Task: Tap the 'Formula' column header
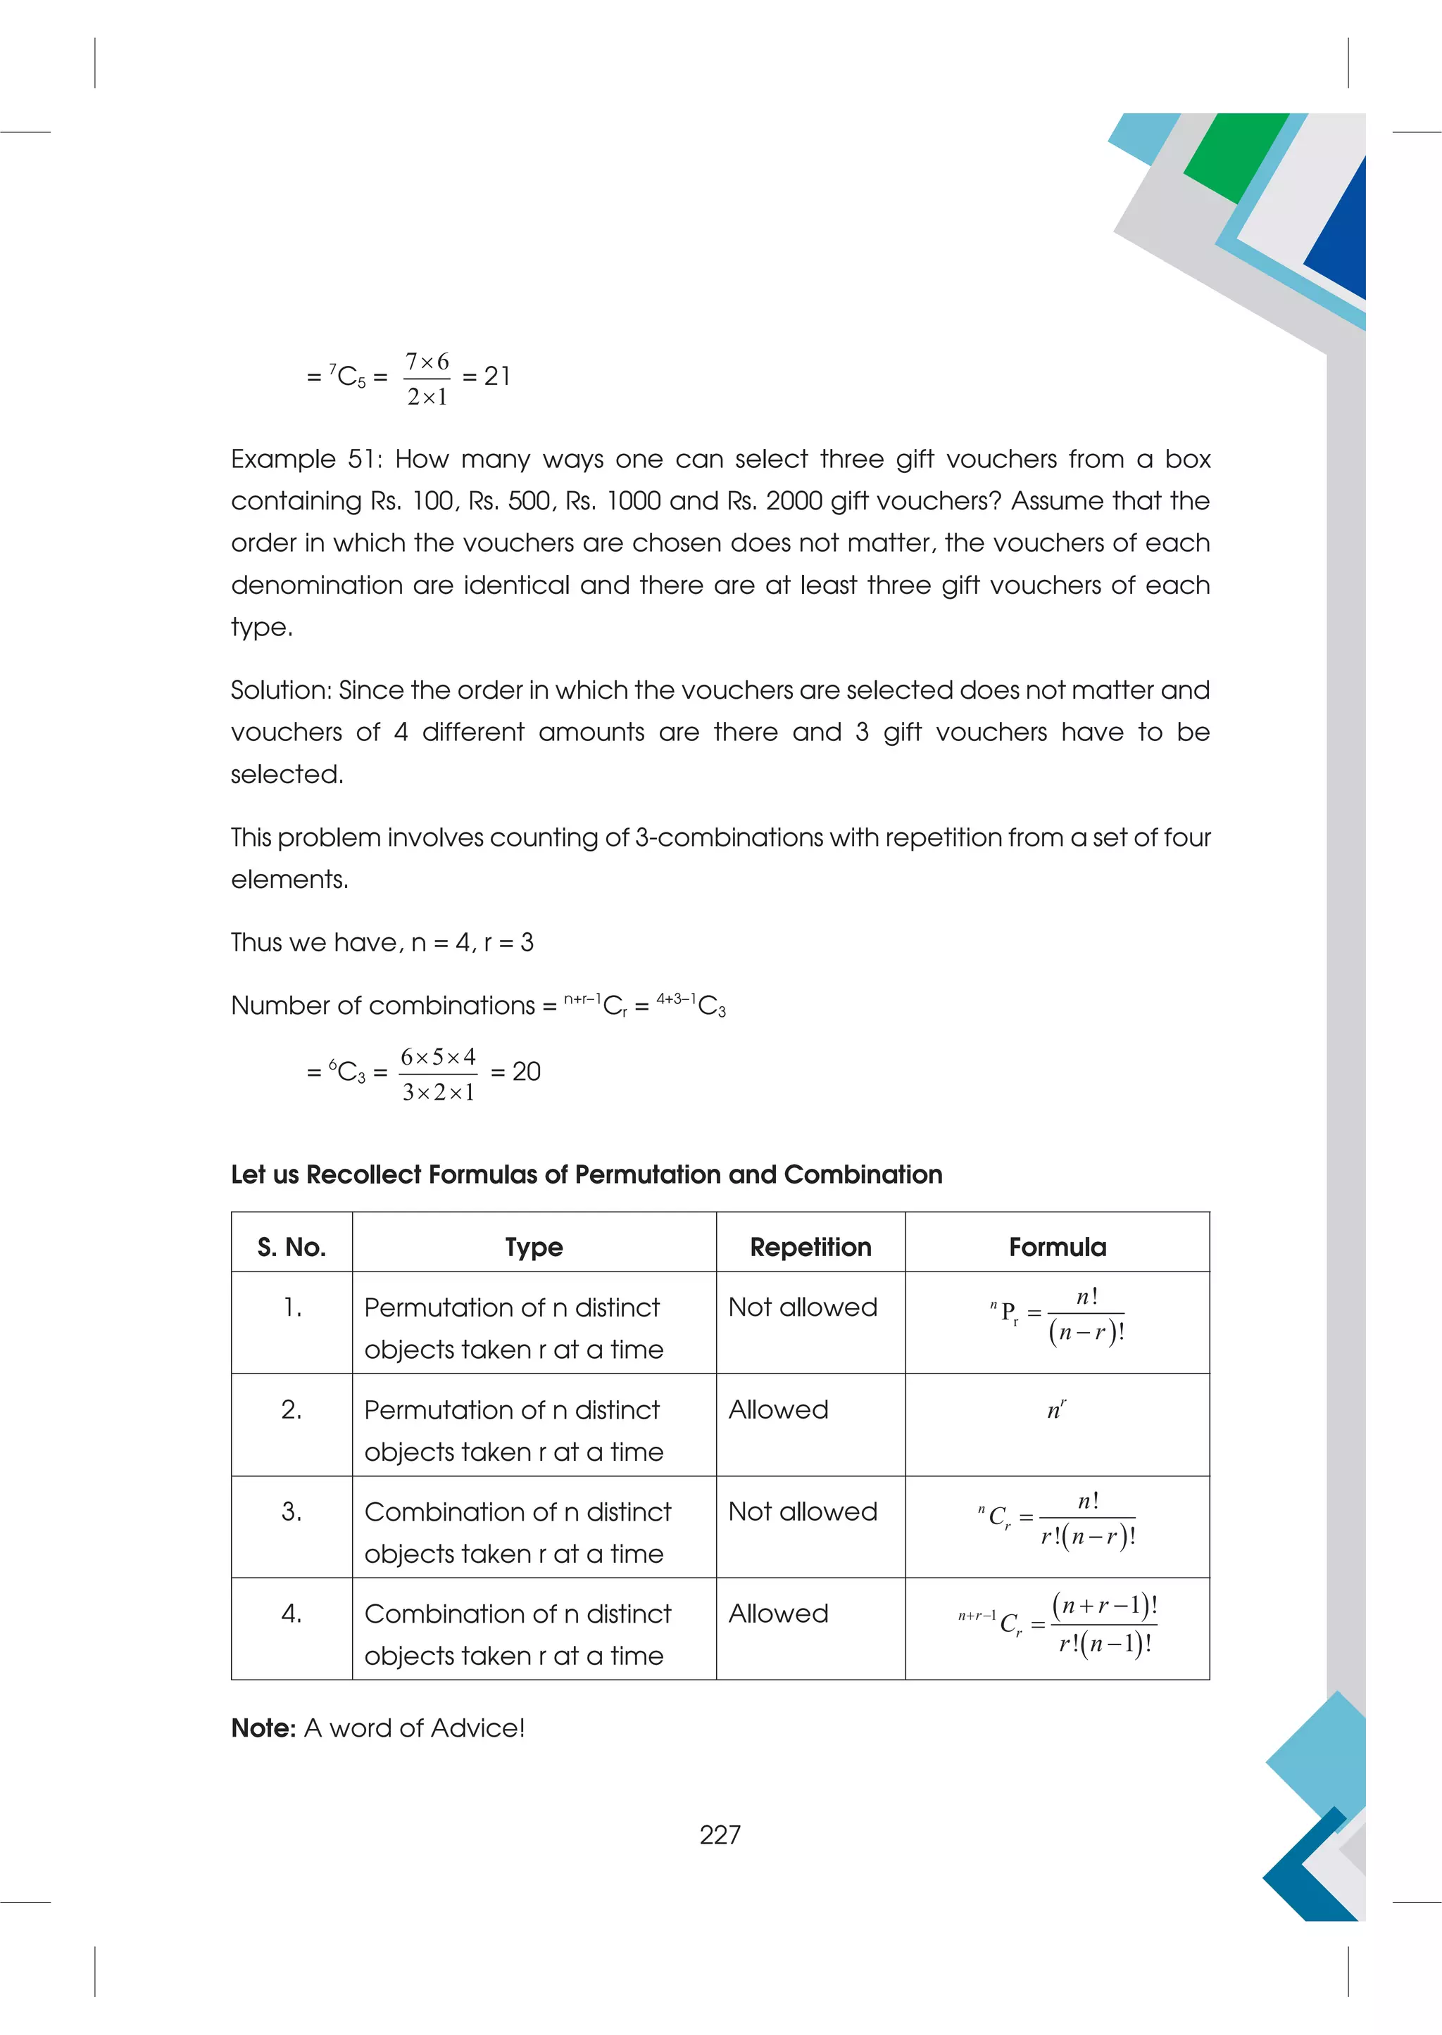point(1057,1247)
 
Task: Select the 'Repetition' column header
point(810,1247)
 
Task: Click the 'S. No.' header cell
point(291,1247)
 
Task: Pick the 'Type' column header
point(534,1247)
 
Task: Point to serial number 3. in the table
point(291,1511)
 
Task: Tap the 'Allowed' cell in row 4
point(778,1614)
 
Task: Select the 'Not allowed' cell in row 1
point(802,1307)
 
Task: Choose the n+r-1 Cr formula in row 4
point(1057,1624)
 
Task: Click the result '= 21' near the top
point(487,376)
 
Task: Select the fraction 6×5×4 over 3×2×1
point(438,1074)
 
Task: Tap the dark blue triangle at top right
point(1341,240)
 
